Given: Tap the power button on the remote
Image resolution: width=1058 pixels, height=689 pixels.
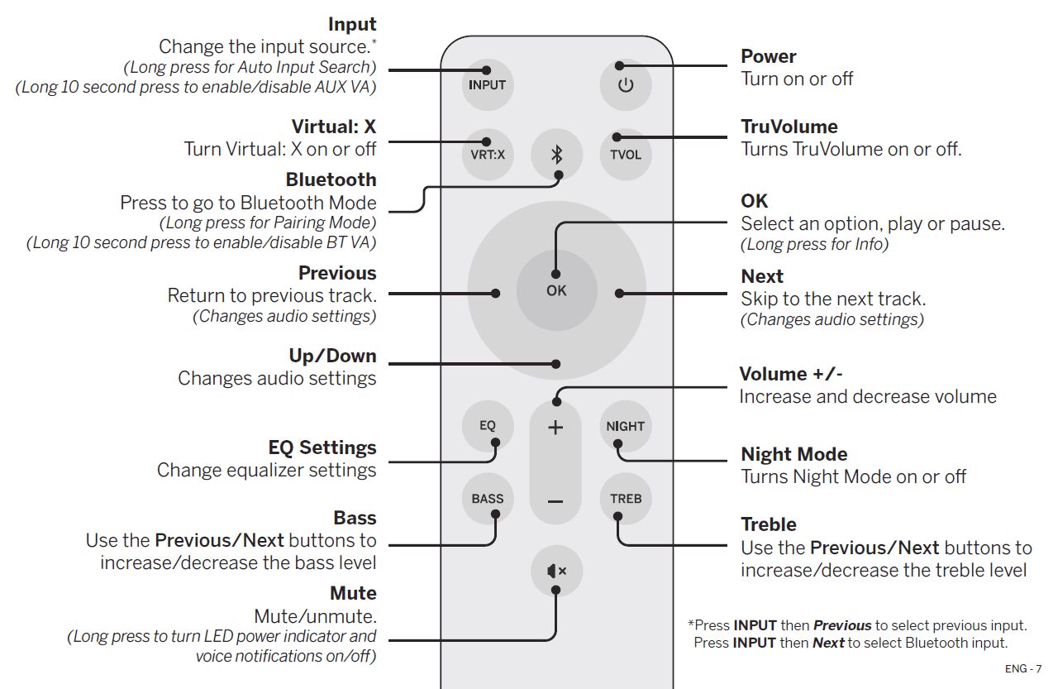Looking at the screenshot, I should click(x=626, y=84).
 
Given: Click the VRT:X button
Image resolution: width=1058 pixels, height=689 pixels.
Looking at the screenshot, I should click(x=487, y=154).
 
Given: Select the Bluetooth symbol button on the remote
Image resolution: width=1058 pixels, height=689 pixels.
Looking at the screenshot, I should click(x=556, y=154).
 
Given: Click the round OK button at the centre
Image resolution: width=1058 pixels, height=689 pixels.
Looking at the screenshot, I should click(x=556, y=290).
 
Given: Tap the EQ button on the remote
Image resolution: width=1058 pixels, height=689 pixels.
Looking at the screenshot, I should click(x=487, y=425).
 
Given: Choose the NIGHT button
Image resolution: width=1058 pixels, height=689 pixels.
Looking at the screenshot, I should click(x=626, y=426).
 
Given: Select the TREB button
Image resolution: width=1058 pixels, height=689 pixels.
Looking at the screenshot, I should click(x=626, y=498).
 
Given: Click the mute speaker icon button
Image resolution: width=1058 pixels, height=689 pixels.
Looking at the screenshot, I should click(x=556, y=571).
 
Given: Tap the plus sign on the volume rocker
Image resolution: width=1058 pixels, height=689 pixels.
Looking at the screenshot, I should click(x=556, y=428).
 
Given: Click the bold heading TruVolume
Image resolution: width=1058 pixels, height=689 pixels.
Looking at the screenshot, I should click(x=789, y=127).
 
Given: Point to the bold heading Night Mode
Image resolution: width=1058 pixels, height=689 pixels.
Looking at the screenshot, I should click(x=793, y=454).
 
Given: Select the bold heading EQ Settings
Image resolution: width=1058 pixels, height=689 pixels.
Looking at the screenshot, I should click(x=322, y=447).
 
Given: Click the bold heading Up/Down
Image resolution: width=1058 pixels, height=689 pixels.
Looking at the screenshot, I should click(x=332, y=356).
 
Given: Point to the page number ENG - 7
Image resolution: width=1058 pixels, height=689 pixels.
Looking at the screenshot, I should click(x=1023, y=668).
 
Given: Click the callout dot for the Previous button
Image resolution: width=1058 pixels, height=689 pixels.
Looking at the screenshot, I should click(x=495, y=293).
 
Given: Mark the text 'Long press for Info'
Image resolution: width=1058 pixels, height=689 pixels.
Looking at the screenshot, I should click(x=814, y=245).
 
